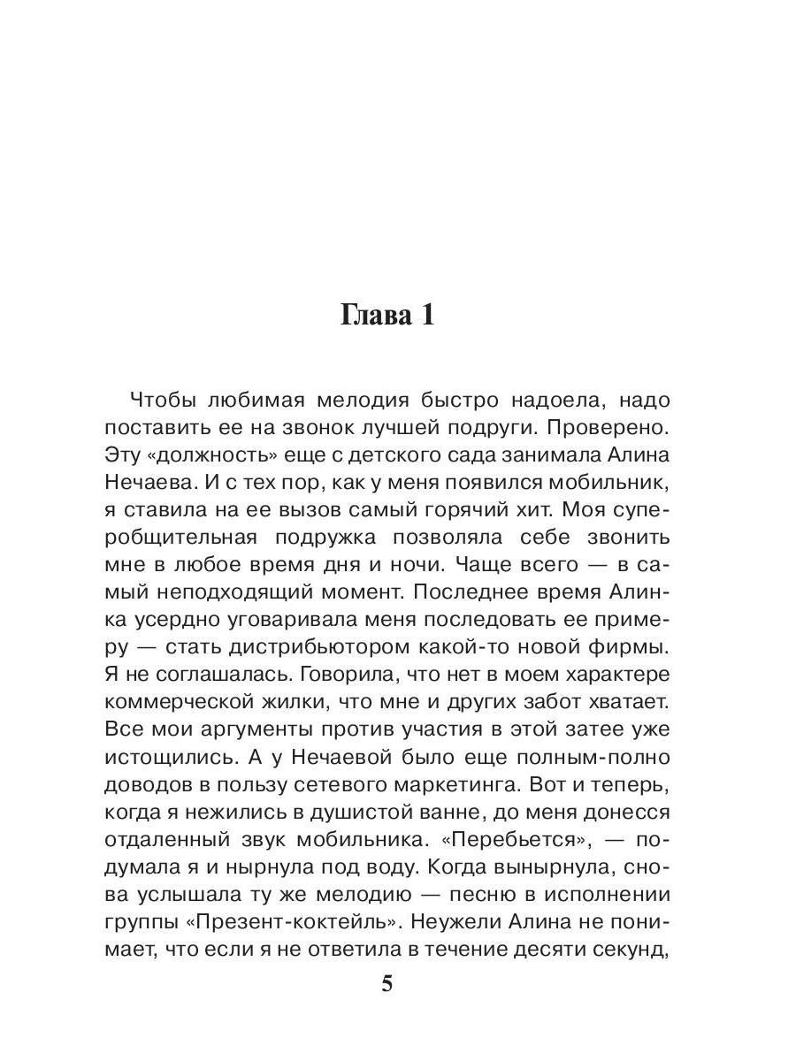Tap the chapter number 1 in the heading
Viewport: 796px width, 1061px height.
pos(425,317)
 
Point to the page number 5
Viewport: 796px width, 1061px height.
pos(387,984)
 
